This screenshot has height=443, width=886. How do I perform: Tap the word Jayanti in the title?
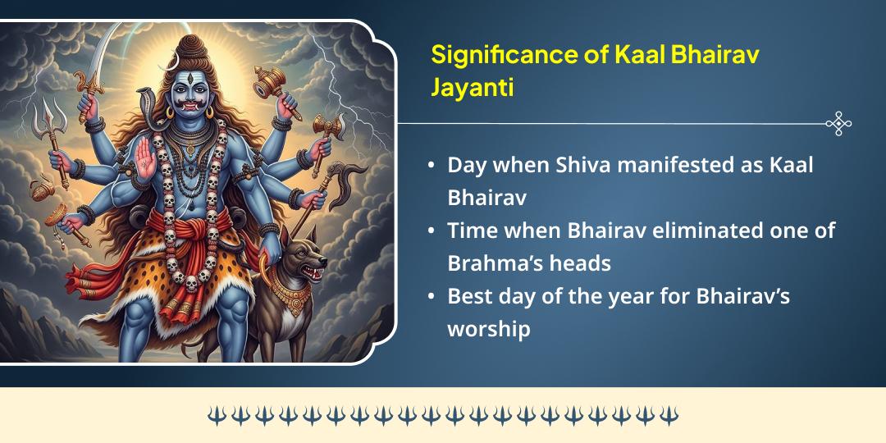(473, 87)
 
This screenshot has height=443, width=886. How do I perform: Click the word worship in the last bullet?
(489, 328)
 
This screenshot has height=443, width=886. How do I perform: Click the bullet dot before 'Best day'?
(432, 297)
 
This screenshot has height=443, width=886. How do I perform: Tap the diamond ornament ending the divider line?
(838, 123)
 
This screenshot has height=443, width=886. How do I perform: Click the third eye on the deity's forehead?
(190, 80)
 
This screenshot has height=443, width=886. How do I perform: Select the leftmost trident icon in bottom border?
(216, 415)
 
